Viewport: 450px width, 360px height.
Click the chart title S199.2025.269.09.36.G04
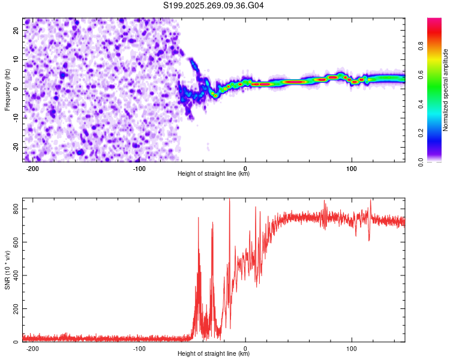pos(214,5)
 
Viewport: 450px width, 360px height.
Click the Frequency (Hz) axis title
pos(7,89)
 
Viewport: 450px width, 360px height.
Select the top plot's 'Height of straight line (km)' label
pos(214,174)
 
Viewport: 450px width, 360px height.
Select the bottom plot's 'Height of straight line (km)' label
pos(214,354)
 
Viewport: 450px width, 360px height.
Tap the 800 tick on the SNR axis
pos(14,208)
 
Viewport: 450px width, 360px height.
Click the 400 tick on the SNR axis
pos(14,275)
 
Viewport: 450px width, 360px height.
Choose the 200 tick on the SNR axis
pos(14,308)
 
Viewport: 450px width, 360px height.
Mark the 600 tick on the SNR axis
pos(14,242)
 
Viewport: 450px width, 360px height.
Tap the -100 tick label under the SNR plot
pos(139,348)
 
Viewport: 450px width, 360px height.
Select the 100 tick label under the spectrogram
pos(352,168)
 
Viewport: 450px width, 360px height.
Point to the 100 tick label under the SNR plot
pos(352,348)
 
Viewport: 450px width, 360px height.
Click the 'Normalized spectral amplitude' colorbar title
pos(446,90)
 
